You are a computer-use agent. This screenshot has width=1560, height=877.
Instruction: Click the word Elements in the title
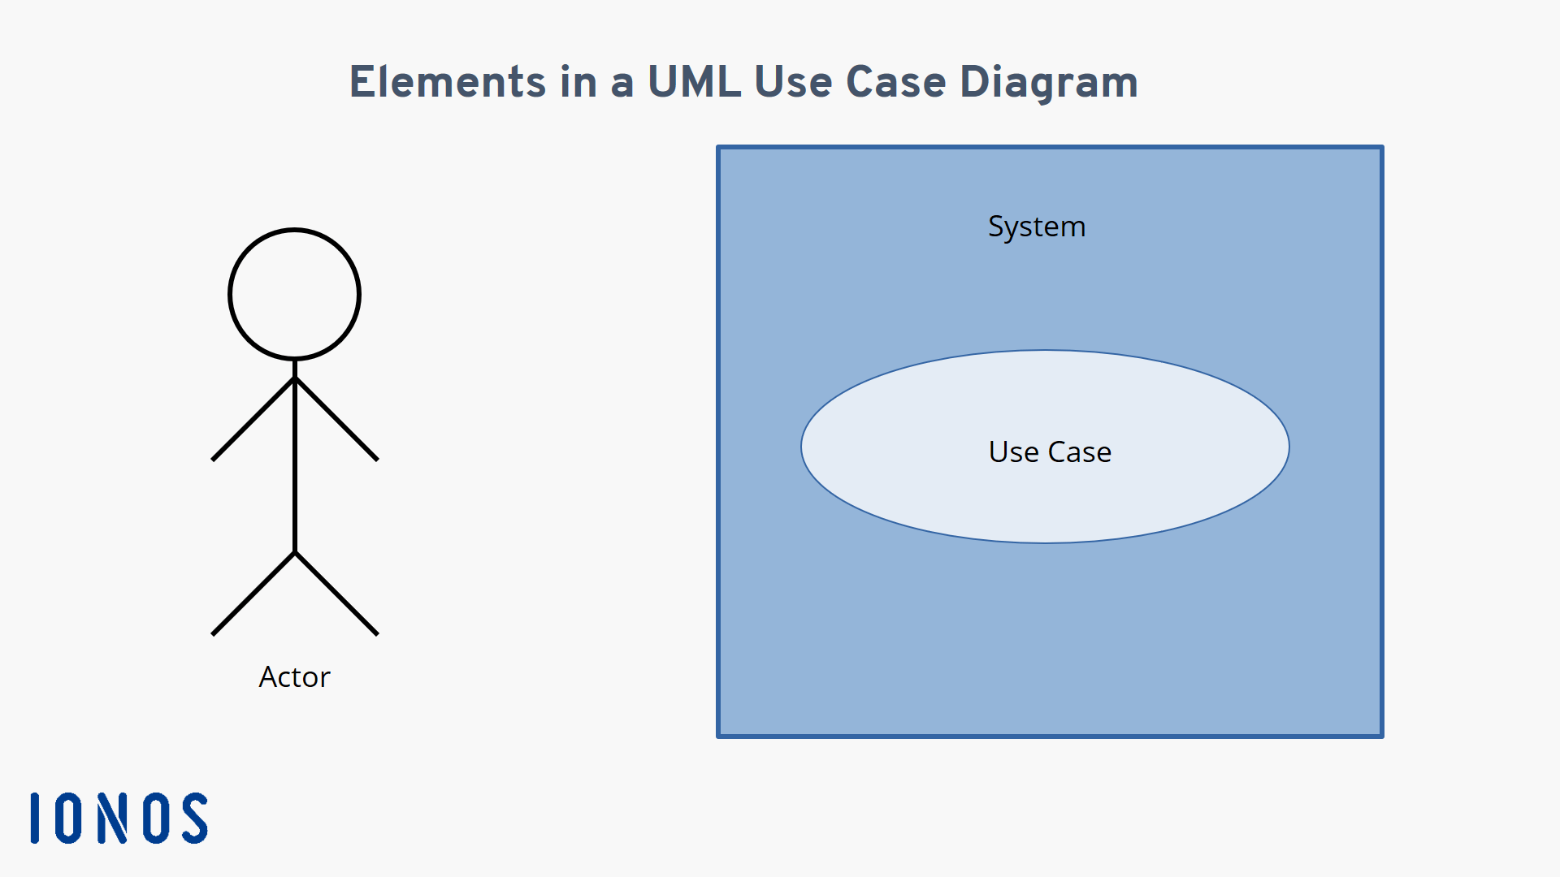pos(448,82)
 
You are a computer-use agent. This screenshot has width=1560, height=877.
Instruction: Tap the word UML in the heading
pos(695,82)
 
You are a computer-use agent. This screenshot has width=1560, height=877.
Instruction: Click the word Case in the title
pos(896,82)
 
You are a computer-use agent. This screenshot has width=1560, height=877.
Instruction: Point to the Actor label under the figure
pos(294,677)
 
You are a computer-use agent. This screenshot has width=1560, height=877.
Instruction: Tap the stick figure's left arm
pos(253,419)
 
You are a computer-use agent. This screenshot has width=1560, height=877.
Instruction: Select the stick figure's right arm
pos(336,419)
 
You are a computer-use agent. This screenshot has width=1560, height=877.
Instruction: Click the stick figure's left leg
pos(253,594)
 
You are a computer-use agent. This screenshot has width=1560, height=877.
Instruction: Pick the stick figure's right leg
pos(336,594)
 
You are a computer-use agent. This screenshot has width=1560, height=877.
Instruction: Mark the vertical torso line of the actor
pos(295,456)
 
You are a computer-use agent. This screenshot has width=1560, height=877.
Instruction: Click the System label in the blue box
pos(1037,227)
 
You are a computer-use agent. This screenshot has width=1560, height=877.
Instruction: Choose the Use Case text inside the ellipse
pos(1050,452)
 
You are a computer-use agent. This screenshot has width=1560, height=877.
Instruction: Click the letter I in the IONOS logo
pos(35,819)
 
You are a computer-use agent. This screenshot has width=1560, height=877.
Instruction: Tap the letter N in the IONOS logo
pos(113,819)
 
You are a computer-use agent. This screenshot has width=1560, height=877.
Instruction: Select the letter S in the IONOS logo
pos(195,819)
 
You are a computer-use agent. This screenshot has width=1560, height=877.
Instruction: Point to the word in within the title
pos(578,82)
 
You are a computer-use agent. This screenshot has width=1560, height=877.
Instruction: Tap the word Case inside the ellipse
pos(1080,452)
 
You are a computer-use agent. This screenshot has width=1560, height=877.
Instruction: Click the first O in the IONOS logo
pos(69,819)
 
